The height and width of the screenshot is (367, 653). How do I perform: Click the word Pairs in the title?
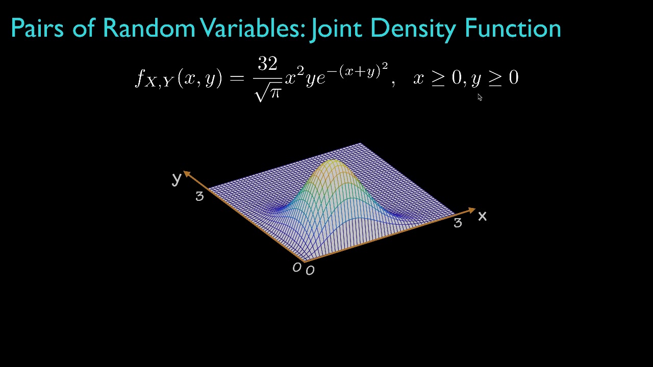(x=37, y=28)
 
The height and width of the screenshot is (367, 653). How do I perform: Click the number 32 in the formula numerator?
(x=267, y=64)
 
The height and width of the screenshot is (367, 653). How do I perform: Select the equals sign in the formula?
(x=237, y=78)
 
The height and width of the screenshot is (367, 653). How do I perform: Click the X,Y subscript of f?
(x=160, y=83)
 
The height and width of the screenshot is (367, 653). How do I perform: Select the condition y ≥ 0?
(x=494, y=78)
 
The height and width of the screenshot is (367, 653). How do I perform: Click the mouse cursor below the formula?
(x=480, y=97)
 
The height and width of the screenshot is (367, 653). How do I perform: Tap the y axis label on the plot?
(x=177, y=178)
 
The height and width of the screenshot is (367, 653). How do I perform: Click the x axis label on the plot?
(x=482, y=217)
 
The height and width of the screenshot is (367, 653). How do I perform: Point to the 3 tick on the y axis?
(x=199, y=196)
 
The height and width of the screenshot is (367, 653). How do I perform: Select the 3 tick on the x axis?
(x=458, y=223)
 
